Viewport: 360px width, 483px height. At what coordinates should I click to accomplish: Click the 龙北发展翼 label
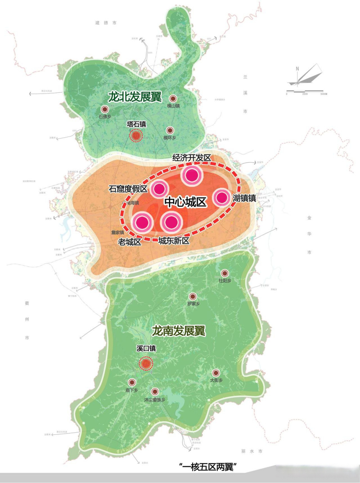coord(134,97)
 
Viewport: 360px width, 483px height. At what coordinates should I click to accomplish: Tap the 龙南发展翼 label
coord(178,331)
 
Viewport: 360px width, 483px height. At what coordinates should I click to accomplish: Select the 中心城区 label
coord(185,202)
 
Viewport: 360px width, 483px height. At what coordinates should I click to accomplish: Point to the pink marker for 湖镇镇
coord(222,197)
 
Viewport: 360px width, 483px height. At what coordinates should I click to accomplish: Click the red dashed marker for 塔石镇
coord(136,135)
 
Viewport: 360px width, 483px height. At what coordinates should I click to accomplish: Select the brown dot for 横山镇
coord(173,98)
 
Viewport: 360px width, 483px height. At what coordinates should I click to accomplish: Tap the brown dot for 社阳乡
coord(225,273)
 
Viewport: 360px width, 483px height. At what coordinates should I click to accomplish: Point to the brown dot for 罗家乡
coord(193,297)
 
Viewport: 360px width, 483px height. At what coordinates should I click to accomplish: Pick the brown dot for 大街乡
coord(216,373)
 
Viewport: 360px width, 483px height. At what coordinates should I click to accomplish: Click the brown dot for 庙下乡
coord(132,382)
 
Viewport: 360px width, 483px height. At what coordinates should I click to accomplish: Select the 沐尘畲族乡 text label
coord(155,400)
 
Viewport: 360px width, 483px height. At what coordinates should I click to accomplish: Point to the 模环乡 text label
coord(170,138)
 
